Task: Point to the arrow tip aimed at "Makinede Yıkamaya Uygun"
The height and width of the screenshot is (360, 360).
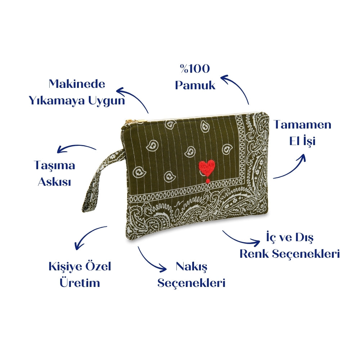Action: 117,90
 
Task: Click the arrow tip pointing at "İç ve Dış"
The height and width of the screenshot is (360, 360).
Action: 260,241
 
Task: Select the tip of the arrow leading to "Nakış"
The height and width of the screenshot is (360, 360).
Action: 166,269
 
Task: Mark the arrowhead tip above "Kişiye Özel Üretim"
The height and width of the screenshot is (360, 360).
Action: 76,249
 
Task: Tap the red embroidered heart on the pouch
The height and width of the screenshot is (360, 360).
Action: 207,168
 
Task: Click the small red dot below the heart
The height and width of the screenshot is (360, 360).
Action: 208,181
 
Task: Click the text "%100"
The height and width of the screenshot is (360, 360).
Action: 195,69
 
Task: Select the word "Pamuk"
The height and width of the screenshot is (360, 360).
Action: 195,85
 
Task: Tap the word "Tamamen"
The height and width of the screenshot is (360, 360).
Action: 302,125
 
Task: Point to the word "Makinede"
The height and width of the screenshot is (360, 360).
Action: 77,84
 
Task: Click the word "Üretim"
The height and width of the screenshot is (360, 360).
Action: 80,282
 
